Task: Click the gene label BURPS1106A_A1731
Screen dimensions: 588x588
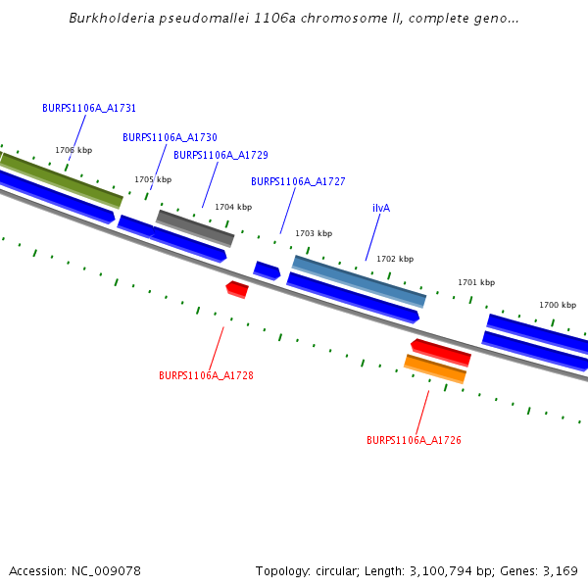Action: tap(89, 109)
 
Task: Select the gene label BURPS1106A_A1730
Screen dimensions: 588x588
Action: tap(170, 138)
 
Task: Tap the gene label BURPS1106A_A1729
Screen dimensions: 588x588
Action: tap(220, 156)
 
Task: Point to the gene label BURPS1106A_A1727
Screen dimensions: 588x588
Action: tap(298, 182)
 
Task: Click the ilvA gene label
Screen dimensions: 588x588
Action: tap(381, 209)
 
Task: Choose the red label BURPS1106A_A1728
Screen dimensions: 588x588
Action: tap(206, 376)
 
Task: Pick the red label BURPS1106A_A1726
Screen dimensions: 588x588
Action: tap(414, 441)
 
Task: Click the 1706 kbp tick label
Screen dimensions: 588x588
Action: tap(73, 151)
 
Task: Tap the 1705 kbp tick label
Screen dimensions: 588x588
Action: tap(153, 180)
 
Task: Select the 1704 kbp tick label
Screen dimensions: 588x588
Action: tap(233, 208)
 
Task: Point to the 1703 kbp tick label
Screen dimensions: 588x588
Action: tap(314, 234)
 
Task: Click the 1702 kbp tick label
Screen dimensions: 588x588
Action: tap(395, 260)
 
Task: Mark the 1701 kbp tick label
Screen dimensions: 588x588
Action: tap(476, 283)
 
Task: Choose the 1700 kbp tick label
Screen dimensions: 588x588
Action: tap(558, 306)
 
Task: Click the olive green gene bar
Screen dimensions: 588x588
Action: tap(62, 179)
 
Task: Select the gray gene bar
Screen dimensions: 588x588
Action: tap(195, 228)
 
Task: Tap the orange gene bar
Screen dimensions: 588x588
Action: tap(434, 368)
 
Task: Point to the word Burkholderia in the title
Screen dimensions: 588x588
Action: tap(108, 19)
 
